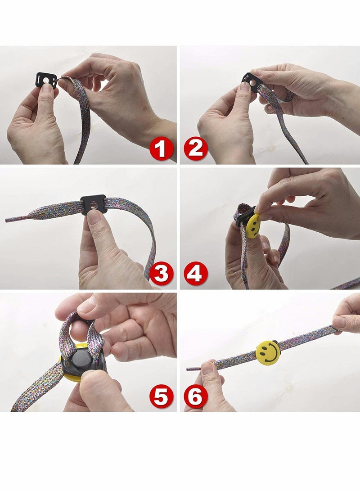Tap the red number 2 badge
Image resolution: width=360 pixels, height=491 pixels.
(x=196, y=149)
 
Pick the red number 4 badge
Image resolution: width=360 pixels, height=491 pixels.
(x=196, y=274)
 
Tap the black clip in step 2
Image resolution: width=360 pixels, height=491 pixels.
(x=250, y=81)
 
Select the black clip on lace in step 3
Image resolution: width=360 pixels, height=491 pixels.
(x=94, y=204)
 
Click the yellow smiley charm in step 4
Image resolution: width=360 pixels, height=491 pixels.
(x=253, y=225)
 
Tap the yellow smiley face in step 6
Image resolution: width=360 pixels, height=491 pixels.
(x=268, y=352)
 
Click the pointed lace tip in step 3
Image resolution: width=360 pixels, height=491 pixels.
(x=8, y=220)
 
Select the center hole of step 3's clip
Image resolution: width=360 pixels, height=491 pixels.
(x=93, y=205)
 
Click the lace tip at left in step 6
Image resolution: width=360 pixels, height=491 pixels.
(x=189, y=369)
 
